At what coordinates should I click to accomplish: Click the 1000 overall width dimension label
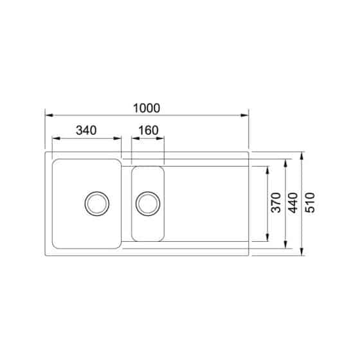[147, 107]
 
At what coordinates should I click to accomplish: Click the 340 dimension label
[85, 130]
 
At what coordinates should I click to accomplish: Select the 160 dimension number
[148, 130]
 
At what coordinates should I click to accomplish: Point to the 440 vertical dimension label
[294, 203]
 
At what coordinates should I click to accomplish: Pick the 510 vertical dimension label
[311, 203]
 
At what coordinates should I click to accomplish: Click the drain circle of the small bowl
[148, 203]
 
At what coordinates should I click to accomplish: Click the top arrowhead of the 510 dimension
[303, 156]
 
